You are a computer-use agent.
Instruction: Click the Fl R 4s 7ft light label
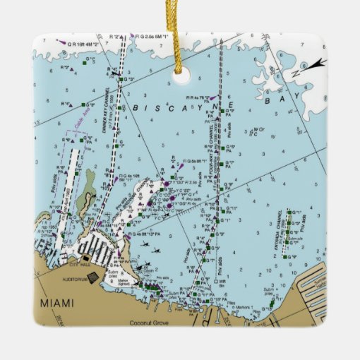[197, 97]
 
